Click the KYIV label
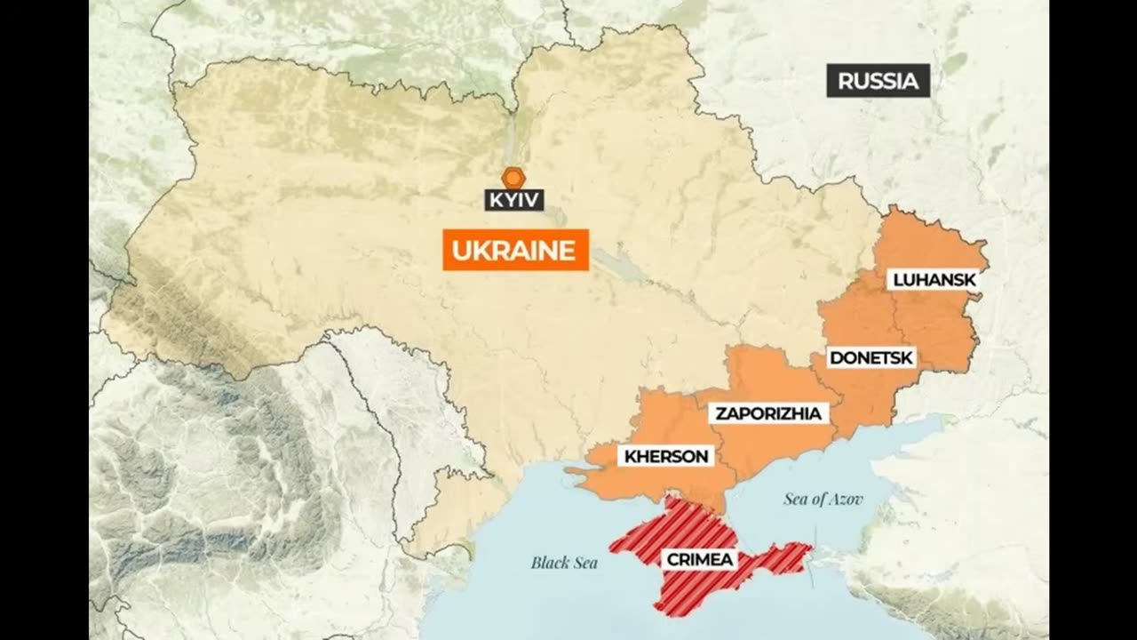coord(514,200)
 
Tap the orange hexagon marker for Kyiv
coord(513,177)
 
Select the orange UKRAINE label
coord(515,250)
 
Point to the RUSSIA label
coord(878,81)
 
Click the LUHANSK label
coord(934,280)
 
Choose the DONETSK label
coord(871,358)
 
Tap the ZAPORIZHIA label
coord(768,413)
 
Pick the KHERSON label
coord(666,457)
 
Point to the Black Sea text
coord(564,563)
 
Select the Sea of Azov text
coord(823,500)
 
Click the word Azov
coord(846,500)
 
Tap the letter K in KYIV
coord(494,200)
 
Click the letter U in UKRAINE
coord(460,250)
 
